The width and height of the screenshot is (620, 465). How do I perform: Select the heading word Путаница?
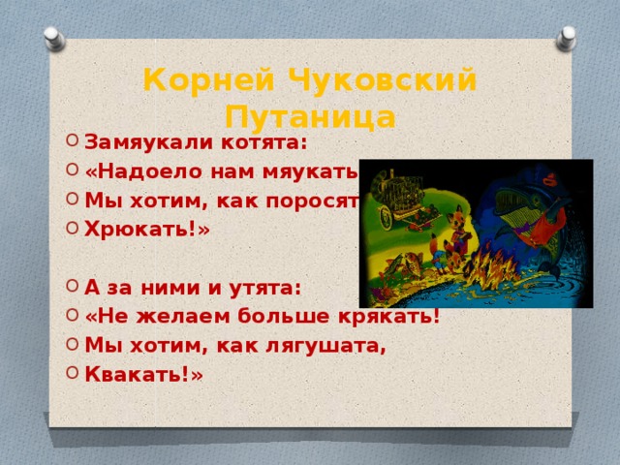pyautogui.click(x=309, y=117)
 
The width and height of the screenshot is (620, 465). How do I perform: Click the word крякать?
pyautogui.click(x=391, y=317)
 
